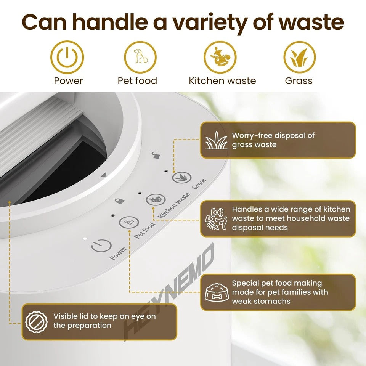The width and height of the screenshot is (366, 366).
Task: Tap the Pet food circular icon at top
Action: pos(140,57)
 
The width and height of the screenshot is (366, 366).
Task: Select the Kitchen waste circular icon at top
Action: pos(220,57)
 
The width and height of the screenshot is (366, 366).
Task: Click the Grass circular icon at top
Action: pos(299,57)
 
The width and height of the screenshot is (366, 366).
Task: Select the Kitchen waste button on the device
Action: pos(156,199)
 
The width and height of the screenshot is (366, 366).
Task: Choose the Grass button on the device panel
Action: pos(181,178)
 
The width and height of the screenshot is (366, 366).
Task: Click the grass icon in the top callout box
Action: pos(216,140)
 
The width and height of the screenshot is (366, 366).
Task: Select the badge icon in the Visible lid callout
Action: pos(37,321)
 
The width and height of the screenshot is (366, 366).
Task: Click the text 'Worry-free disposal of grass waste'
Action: pos(273,140)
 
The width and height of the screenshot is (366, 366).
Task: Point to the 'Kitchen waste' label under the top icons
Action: pos(222,81)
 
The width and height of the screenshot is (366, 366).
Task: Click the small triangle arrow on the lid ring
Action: pos(103,175)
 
